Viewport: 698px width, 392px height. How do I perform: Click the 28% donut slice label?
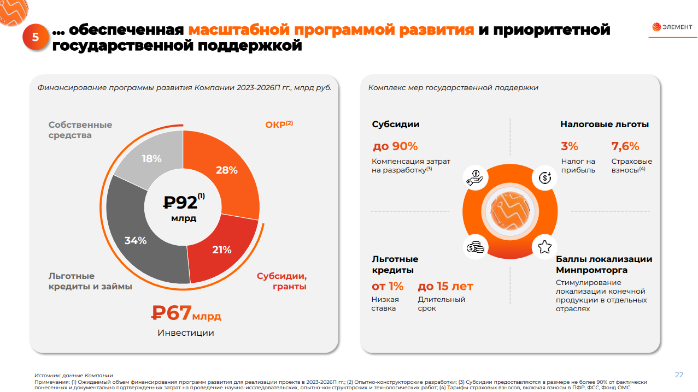click(x=226, y=170)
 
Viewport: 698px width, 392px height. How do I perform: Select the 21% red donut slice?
click(x=222, y=250)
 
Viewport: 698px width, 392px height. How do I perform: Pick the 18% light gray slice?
click(x=151, y=159)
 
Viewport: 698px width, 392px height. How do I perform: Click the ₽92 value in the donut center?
click(x=181, y=203)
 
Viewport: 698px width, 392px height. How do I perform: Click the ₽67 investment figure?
click(x=172, y=313)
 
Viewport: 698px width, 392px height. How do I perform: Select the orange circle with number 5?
click(x=36, y=37)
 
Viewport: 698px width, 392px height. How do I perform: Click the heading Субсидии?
click(x=396, y=124)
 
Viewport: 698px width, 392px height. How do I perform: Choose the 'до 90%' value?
click(x=395, y=146)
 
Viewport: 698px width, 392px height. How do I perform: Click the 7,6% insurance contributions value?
click(x=625, y=146)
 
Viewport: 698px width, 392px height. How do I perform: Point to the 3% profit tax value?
click(x=570, y=146)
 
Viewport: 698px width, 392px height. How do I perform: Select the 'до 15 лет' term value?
click(x=445, y=286)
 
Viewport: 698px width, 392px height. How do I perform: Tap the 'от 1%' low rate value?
click(x=388, y=286)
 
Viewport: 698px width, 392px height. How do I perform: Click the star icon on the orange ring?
click(x=544, y=247)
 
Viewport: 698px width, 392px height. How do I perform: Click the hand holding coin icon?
click(x=475, y=177)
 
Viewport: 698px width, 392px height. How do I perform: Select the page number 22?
click(x=679, y=375)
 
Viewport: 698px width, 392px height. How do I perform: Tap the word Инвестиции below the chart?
click(x=186, y=332)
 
